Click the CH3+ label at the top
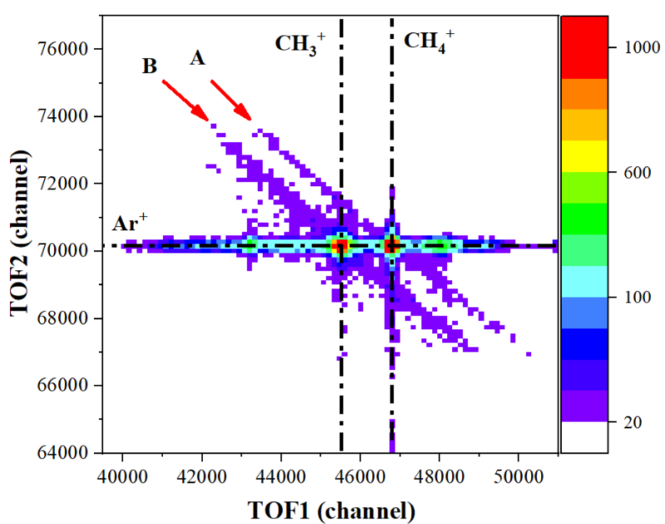pyautogui.click(x=300, y=45)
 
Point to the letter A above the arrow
pyautogui.click(x=197, y=57)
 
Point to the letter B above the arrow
pyautogui.click(x=150, y=67)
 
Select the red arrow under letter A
pyautogui.click(x=231, y=100)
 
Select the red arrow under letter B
pyautogui.click(x=185, y=99)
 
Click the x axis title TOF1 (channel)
pyautogui.click(x=331, y=508)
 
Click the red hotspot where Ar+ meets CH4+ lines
pyautogui.click(x=392, y=245)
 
